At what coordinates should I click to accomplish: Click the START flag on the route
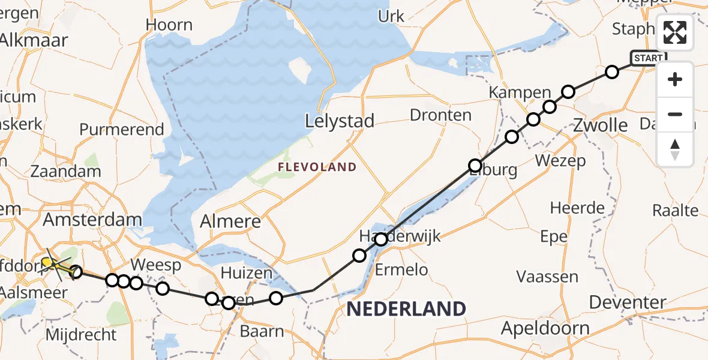tap(648, 58)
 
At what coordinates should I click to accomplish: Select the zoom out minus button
tap(675, 114)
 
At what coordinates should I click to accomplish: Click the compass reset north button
tap(675, 149)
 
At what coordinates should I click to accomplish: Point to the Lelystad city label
tap(340, 121)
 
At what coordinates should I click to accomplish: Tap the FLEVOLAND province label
tap(317, 167)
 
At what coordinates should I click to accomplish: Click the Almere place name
tap(231, 221)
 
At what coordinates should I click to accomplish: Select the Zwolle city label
tap(601, 125)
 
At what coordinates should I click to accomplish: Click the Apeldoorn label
tap(545, 328)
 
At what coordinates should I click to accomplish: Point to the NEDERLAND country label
tap(406, 309)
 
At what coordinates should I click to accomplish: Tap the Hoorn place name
tap(169, 25)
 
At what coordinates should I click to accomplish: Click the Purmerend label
tap(122, 129)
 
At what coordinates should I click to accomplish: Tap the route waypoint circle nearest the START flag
tap(611, 72)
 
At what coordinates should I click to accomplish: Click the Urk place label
tap(391, 16)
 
